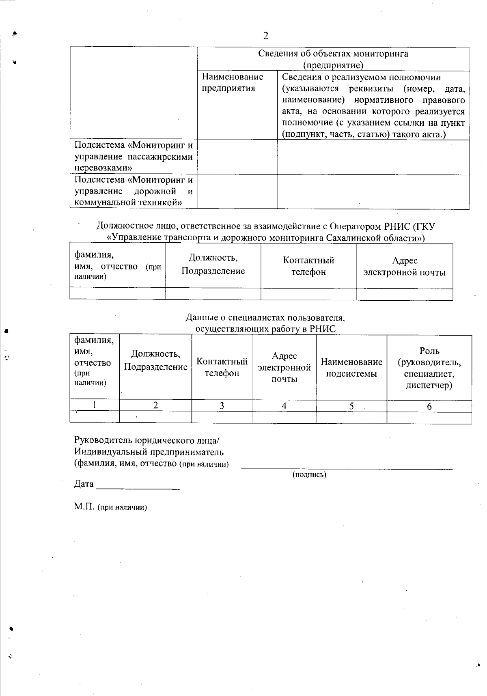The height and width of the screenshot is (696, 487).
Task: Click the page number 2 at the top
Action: pyautogui.click(x=266, y=36)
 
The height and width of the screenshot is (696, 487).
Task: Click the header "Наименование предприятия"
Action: pyautogui.click(x=233, y=82)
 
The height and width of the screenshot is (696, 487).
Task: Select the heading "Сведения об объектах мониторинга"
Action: pyautogui.click(x=333, y=54)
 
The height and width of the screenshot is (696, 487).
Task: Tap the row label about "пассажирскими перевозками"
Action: pyautogui.click(x=133, y=157)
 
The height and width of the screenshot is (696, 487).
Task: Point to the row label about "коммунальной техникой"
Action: pyautogui.click(x=133, y=191)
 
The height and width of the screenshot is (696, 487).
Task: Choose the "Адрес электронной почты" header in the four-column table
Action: pyautogui.click(x=404, y=266)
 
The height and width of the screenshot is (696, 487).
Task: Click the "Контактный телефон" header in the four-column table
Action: pyautogui.click(x=308, y=266)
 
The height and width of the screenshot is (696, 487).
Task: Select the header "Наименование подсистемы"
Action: pyautogui.click(x=351, y=367)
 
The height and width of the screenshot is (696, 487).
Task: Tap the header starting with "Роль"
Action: pyautogui.click(x=429, y=368)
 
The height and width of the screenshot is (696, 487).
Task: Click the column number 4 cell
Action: pyautogui.click(x=284, y=405)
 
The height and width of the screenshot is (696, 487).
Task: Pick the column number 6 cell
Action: pyautogui.click(x=429, y=406)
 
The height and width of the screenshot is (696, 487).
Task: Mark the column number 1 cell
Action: pyautogui.click(x=95, y=405)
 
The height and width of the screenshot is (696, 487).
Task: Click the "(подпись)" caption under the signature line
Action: pyautogui.click(x=309, y=474)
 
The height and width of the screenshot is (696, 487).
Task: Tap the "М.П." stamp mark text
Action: pyautogui.click(x=84, y=507)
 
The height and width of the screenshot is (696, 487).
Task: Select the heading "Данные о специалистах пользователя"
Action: pyautogui.click(x=265, y=317)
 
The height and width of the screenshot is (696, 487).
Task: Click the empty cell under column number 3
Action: pyautogui.click(x=222, y=417)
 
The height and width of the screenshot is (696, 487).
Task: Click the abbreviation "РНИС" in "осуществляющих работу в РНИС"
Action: pyautogui.click(x=323, y=329)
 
